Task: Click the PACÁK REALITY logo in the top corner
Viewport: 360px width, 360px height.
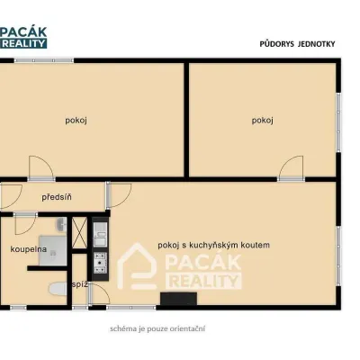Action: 23,38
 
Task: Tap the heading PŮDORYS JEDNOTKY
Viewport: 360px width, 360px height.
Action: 297,44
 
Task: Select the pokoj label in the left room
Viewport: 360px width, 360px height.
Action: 76,121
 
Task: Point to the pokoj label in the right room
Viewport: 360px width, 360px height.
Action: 263,121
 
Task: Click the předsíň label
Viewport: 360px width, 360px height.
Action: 57,197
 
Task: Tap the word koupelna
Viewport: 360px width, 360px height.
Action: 29,249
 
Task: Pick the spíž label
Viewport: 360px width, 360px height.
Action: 80,284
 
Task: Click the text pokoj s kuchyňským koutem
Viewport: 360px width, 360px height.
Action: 214,245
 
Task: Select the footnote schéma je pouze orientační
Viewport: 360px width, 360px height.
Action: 157,328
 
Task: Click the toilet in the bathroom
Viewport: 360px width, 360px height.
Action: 58,289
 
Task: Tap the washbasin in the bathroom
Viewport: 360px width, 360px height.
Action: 61,224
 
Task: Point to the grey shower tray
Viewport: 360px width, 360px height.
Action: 53,250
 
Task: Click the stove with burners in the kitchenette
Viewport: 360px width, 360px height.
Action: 100,263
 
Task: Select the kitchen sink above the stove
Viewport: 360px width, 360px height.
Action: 100,234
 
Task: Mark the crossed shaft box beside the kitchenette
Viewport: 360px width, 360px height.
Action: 79,233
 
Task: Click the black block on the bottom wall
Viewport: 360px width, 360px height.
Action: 178,299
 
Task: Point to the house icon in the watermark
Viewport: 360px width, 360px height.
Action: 137,266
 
